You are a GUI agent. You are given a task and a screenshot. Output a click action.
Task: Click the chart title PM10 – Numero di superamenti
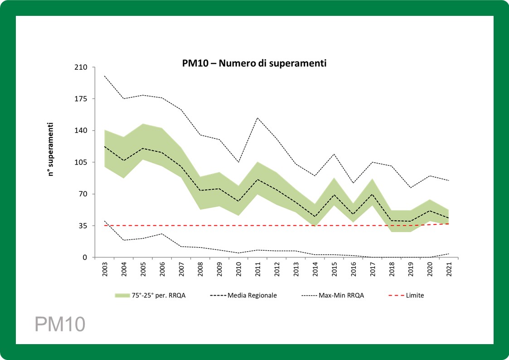click(251, 63)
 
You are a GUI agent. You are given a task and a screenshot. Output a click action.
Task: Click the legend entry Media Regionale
click(252, 295)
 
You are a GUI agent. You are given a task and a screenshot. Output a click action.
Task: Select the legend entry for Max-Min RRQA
click(341, 295)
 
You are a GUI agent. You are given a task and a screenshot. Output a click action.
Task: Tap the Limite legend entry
click(415, 295)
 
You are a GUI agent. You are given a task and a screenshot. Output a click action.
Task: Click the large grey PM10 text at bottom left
click(59, 325)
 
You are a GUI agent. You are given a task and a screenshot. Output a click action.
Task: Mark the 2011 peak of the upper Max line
click(258, 118)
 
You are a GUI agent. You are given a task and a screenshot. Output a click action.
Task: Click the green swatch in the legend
click(122, 295)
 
